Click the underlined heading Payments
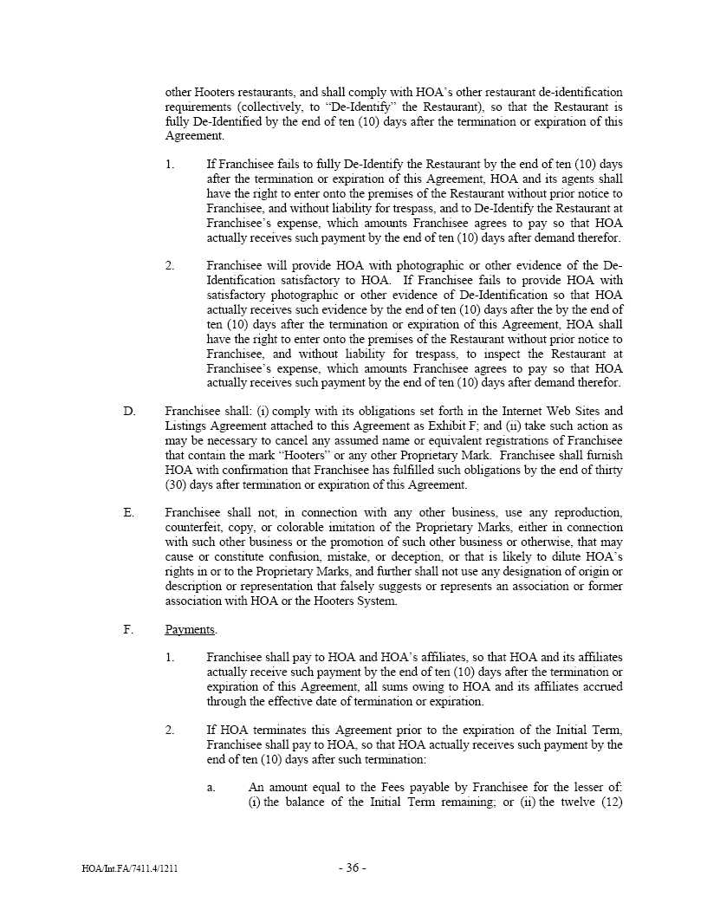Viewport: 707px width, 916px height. click(191, 630)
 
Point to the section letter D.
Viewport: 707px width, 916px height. click(129, 411)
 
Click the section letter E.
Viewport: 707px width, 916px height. click(129, 512)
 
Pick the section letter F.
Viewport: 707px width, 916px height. click(128, 630)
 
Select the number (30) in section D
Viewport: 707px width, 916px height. click(177, 484)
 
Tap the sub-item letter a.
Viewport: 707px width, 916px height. click(211, 787)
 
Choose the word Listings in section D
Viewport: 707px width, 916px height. click(190, 426)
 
